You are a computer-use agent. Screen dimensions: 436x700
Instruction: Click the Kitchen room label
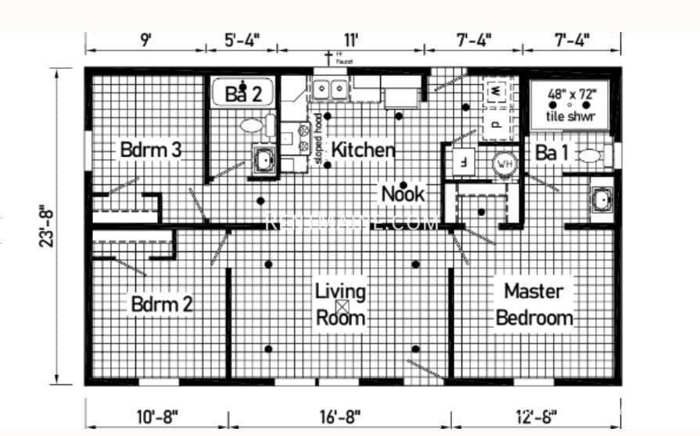point(362,150)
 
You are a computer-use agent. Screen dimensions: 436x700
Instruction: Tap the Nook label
point(402,193)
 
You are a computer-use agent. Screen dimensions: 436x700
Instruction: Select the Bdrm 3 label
point(151,150)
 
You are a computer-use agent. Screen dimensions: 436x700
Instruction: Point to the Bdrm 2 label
point(161,304)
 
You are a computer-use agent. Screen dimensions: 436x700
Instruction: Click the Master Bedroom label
point(534,304)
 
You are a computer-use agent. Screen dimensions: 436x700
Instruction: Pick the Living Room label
point(340,304)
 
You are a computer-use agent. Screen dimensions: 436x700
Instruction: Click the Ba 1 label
point(551,153)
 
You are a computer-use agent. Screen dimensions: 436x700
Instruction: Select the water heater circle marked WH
point(504,165)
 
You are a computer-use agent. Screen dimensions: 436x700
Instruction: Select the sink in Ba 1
point(601,200)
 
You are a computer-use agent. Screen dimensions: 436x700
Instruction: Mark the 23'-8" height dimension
point(45,226)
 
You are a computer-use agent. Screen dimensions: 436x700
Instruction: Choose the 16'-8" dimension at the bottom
point(339,414)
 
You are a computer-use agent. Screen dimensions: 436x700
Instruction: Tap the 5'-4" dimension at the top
point(241,39)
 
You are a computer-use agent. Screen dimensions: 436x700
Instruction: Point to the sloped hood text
point(318,139)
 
